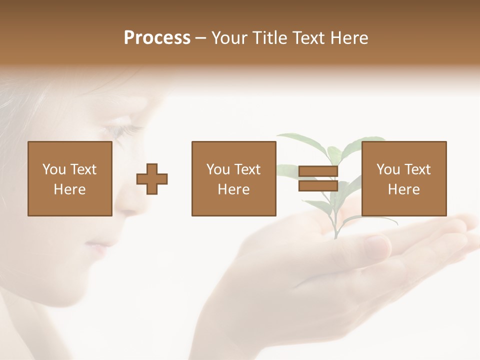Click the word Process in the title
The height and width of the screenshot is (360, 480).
(157, 38)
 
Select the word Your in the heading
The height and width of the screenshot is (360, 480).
(228, 38)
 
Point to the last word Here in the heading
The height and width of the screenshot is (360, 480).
(348, 38)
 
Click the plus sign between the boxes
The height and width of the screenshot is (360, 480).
(152, 179)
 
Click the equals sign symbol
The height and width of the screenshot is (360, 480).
(318, 179)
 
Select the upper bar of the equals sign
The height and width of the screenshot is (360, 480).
(318, 172)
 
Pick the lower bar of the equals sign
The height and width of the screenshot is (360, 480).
(318, 186)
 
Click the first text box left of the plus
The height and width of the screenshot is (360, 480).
(70, 179)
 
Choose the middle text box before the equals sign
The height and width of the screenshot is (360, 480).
(234, 179)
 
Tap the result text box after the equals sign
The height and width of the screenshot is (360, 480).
(404, 179)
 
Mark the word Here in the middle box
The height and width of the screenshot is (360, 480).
(234, 189)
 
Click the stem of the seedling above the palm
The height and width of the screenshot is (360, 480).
(336, 220)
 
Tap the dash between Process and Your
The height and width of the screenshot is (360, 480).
(201, 38)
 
